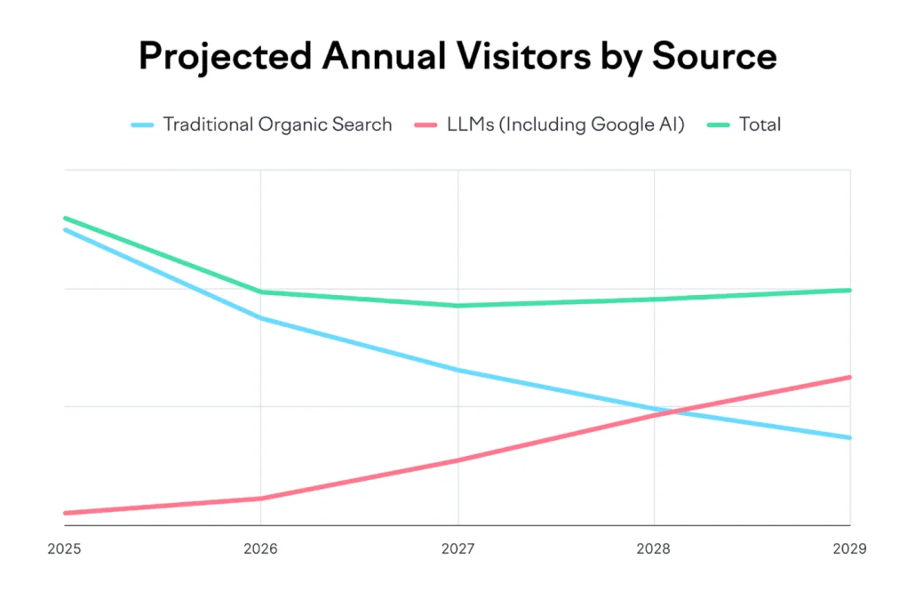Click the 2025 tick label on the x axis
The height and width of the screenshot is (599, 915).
(64, 549)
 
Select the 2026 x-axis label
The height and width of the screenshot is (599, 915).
(260, 549)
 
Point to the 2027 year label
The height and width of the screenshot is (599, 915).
(457, 549)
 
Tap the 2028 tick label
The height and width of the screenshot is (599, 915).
(654, 549)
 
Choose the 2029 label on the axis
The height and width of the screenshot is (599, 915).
(849, 549)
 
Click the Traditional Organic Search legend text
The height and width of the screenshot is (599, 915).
(276, 124)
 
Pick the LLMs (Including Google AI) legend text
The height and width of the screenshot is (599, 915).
(566, 124)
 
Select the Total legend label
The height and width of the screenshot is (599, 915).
(760, 124)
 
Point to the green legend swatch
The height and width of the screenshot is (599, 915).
(720, 125)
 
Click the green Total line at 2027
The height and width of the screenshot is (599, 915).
(457, 306)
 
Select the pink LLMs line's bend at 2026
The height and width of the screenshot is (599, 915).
(260, 499)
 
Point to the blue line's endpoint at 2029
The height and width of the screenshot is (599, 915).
(850, 437)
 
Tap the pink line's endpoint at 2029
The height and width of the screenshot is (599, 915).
(850, 377)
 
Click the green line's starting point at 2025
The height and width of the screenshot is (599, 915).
(65, 218)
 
